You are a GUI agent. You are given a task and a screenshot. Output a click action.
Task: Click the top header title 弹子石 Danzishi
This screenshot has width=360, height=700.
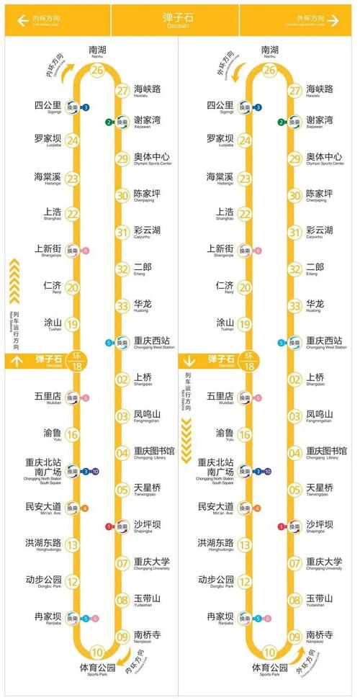click(179, 18)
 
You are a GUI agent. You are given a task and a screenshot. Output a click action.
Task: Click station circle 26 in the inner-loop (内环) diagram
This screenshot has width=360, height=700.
click(96, 70)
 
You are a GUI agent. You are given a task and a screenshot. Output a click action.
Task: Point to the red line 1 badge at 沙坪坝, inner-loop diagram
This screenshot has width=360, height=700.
click(109, 526)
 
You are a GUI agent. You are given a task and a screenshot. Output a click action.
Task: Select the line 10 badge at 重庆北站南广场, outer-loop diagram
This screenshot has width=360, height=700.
click(267, 472)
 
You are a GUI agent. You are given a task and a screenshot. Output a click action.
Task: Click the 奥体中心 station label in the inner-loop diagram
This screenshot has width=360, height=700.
click(152, 158)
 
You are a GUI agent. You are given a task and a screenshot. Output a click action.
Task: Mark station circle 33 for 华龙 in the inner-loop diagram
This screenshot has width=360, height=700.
click(122, 305)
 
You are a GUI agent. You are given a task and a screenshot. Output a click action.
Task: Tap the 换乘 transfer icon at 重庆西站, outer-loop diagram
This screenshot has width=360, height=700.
click(294, 343)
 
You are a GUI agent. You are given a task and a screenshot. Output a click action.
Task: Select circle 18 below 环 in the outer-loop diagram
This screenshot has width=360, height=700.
click(250, 366)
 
